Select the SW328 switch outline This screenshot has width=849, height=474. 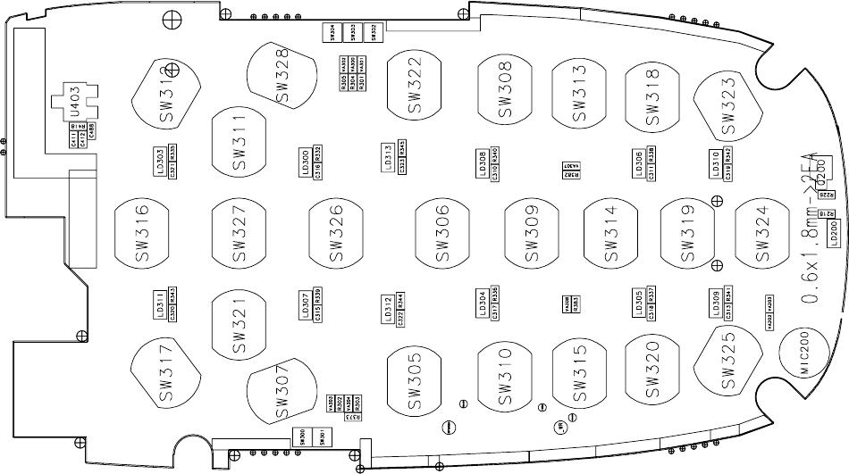[282, 76]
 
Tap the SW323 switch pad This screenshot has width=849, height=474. [727, 105]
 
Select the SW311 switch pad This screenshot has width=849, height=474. [240, 142]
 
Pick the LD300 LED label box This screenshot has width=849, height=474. [307, 162]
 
